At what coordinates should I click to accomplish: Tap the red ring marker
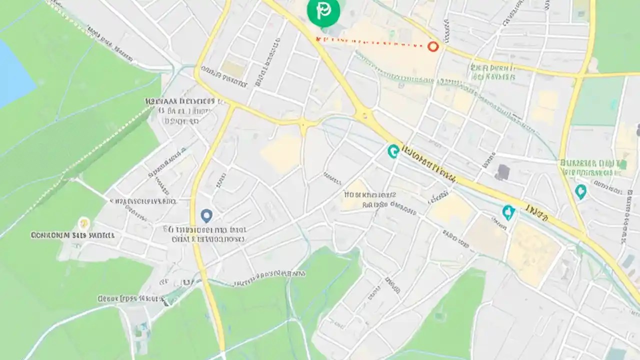(x=433, y=46)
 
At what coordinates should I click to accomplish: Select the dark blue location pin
(x=206, y=215)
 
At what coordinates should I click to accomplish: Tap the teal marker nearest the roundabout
(x=393, y=150)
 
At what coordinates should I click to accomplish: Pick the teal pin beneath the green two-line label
(x=580, y=191)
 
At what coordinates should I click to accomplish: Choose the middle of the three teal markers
(x=508, y=212)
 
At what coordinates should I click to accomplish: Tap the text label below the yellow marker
(x=73, y=234)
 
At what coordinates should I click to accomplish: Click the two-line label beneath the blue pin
(x=206, y=234)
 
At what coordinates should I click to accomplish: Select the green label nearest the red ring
(x=492, y=72)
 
